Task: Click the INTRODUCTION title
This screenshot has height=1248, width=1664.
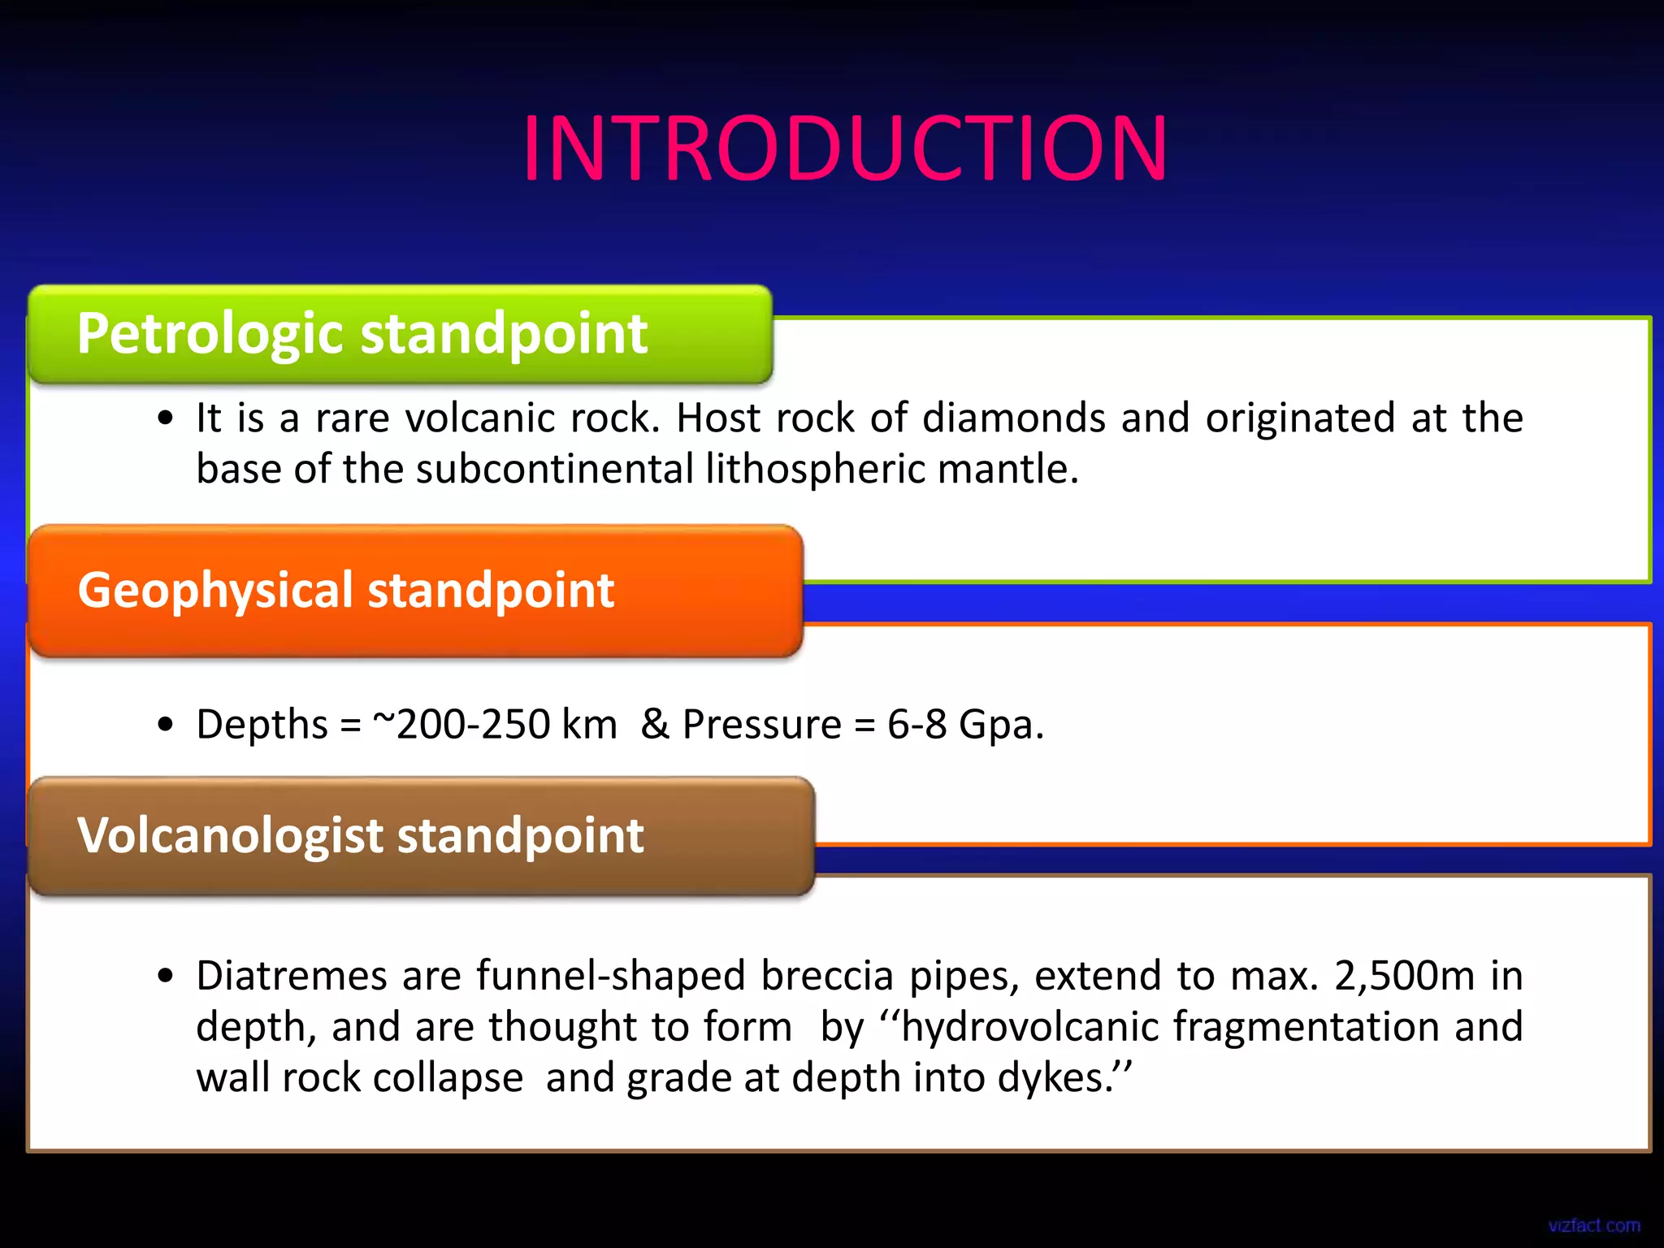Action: point(845,149)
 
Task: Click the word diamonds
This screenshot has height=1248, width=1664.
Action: point(1013,418)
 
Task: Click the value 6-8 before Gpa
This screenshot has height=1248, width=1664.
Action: point(916,724)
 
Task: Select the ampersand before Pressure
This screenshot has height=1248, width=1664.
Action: point(655,724)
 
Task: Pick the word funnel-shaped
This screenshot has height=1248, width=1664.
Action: point(610,976)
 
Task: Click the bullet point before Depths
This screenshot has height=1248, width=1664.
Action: point(166,725)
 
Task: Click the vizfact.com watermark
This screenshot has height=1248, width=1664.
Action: point(1593,1225)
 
